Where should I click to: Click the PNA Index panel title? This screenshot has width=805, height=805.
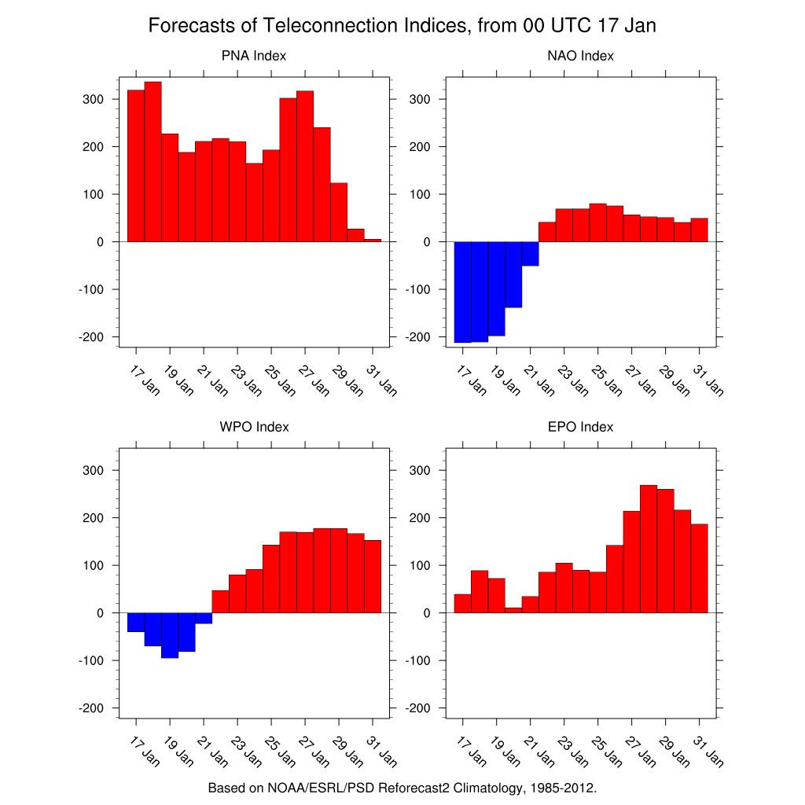253,56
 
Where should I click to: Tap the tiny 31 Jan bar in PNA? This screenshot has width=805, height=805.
373,240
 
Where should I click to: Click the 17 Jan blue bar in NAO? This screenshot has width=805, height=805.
463,292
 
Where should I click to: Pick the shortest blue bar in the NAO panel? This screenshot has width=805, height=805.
531,253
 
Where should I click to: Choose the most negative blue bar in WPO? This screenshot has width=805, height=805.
170,634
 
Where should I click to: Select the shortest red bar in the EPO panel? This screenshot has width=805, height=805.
513,610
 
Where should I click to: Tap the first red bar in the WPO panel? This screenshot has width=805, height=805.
220,601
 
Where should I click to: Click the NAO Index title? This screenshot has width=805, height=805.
580,56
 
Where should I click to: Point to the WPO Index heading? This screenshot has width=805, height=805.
254,427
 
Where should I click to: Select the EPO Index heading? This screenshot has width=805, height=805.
580,427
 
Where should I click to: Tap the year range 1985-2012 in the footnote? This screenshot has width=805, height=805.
559,787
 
